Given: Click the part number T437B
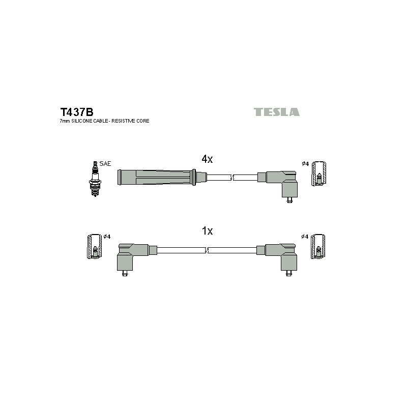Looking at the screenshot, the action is [77, 112].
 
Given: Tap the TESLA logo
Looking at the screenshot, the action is [276, 112].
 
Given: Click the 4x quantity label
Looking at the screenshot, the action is [207, 159].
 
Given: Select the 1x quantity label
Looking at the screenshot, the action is [207, 231].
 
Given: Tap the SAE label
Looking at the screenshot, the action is [105, 163].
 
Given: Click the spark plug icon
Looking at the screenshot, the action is [95, 179].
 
